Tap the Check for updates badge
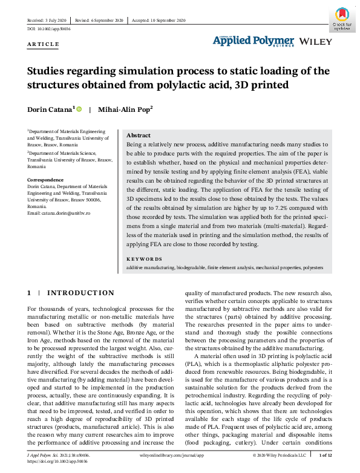[x=342, y=19]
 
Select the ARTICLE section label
[x=44, y=45]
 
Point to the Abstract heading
[x=139, y=135]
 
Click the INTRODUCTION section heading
[x=80, y=293]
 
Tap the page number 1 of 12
[x=325, y=454]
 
